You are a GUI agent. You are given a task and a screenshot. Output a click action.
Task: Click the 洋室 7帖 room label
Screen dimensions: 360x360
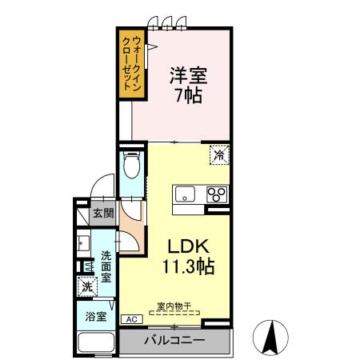tap(189, 85)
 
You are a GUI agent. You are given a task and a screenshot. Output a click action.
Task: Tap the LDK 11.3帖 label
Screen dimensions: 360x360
tap(189, 256)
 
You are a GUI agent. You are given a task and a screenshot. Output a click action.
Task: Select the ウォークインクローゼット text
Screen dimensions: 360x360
tap(132, 64)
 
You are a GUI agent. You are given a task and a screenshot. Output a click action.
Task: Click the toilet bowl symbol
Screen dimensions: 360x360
tap(132, 165)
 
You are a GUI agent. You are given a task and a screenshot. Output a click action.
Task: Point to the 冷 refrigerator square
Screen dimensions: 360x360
tap(219, 154)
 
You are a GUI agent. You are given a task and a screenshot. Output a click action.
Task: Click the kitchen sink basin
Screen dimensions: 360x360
tap(185, 194)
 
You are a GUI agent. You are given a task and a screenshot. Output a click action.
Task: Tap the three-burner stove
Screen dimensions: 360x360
tap(217, 194)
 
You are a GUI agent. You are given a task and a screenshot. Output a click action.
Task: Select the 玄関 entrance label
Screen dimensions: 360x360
tap(103, 213)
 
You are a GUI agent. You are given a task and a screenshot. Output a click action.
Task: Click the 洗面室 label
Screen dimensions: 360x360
tap(106, 266)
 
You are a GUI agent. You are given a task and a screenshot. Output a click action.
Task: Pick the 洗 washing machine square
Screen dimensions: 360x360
tap(87, 286)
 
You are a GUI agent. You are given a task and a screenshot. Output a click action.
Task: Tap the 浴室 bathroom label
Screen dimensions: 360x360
tap(96, 317)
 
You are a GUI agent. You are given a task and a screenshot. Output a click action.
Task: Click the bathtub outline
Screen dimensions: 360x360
tap(96, 343)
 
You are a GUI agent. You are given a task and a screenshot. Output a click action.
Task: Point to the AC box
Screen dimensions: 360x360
tap(132, 319)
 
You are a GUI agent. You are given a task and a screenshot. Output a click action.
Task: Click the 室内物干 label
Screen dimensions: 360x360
tap(174, 306)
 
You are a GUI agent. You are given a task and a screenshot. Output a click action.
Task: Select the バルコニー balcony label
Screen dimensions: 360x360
tap(174, 340)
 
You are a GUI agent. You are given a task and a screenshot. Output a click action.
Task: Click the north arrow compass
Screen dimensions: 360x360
tap(270, 338)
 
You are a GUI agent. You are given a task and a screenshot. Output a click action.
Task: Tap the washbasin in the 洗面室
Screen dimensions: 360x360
tap(83, 243)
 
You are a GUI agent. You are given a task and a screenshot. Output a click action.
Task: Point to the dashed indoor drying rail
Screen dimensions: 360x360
tap(174, 313)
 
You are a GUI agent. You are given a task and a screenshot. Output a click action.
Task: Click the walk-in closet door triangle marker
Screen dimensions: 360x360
tap(152, 47)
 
